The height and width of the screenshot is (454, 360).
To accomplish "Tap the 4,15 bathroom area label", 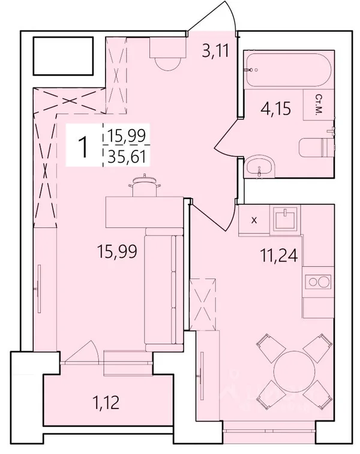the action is coord(275,109).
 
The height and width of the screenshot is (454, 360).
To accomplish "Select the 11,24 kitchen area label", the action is coord(278,255).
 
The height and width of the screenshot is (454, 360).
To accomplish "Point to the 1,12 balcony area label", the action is coord(106,402).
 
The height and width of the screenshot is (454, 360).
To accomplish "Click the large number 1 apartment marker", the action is coord(84,147).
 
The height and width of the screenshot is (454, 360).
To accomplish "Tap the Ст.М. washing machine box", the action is coord(319,104).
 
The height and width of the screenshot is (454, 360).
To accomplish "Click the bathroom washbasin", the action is coord(260,167).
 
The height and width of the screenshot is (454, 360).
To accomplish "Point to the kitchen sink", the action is coord(285,219).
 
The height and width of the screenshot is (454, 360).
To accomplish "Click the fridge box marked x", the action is coord(254,220).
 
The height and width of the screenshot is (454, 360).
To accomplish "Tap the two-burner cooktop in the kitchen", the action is coord(318,281).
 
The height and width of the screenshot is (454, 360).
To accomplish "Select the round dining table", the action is coord(294,371).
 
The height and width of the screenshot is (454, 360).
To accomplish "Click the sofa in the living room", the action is coord(164,290).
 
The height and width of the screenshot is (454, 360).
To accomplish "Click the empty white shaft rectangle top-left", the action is coord(63,56).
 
